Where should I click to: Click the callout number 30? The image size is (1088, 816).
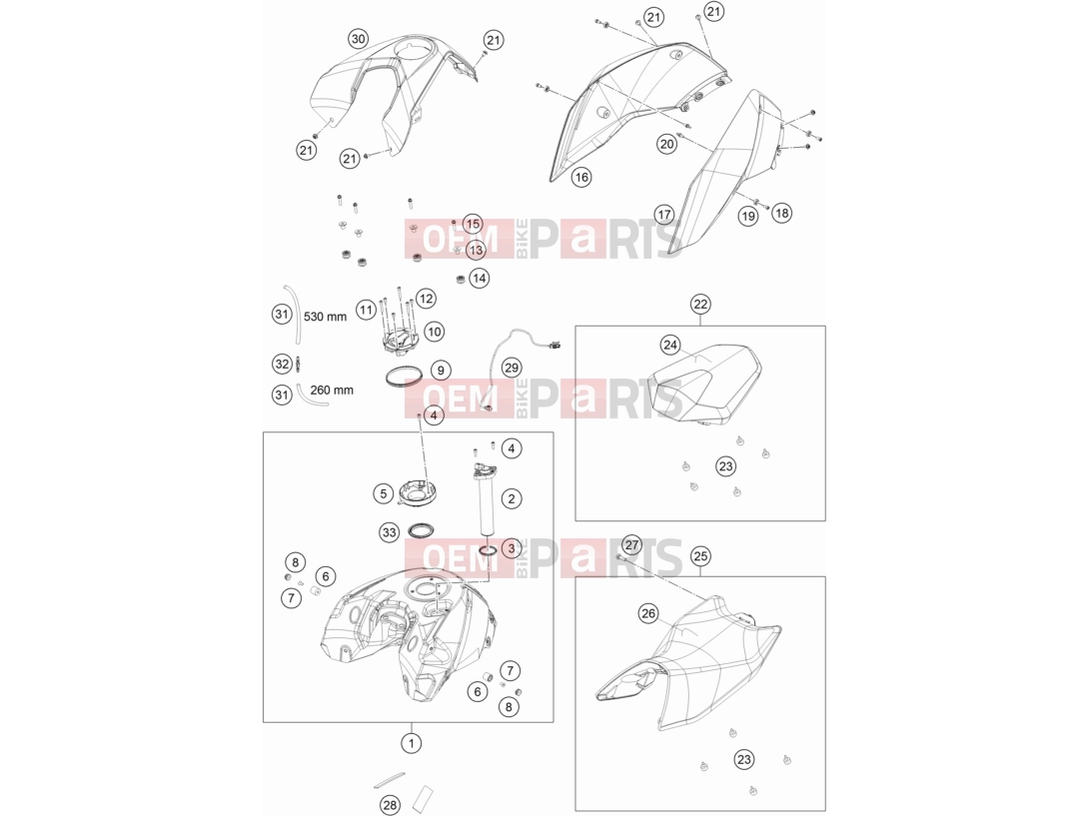coord(358,39)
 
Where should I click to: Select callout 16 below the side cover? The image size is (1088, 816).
coord(581,177)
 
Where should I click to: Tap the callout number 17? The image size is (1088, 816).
coord(664,215)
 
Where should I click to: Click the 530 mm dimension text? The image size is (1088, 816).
coord(325,317)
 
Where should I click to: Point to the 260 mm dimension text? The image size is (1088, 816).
coord(332,390)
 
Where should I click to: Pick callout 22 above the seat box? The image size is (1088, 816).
coord(700,304)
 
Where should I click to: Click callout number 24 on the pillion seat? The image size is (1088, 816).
coord(670,345)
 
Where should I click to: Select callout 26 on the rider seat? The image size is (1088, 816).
coord(648,613)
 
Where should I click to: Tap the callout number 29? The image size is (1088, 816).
coord(512,368)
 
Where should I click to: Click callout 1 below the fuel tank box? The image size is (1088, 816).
coord(412,743)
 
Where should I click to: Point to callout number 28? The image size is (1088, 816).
coord(390,805)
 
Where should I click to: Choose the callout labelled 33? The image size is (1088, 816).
coord(390,532)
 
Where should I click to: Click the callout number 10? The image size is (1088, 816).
coord(435,332)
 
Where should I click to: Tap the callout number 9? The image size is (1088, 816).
coord(441,371)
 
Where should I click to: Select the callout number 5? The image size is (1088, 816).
coord(384,494)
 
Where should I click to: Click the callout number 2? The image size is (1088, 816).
coord(512,498)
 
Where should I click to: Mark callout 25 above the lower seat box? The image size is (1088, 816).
coord(700,555)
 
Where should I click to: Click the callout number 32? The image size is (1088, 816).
coord(282,364)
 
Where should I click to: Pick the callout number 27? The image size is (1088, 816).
coord(631,544)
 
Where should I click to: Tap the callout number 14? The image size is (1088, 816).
coord(479,279)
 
